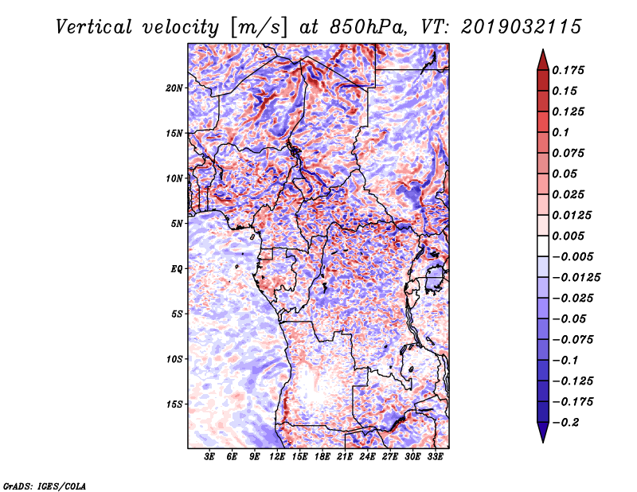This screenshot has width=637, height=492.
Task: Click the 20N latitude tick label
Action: pos(174,88)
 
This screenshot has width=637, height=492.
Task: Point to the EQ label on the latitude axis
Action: pos(177,269)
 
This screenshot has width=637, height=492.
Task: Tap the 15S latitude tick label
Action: pos(174,404)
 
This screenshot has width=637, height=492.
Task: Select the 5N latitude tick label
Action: pos(177,224)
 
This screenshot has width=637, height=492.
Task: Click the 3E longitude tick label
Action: pos(210,458)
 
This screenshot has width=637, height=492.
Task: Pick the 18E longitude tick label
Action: pos(322,458)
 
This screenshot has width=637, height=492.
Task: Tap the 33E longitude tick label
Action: pos(435,458)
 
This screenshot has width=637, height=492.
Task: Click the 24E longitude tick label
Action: pos(367,458)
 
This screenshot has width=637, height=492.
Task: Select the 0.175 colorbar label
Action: pos(571,70)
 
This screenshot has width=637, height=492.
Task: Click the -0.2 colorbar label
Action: pos(569,422)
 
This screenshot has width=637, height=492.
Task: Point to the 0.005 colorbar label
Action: pos(571,236)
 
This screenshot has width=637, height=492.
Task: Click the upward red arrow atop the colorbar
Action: pos(542,58)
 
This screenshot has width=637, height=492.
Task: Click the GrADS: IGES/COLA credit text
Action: pos(45,485)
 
